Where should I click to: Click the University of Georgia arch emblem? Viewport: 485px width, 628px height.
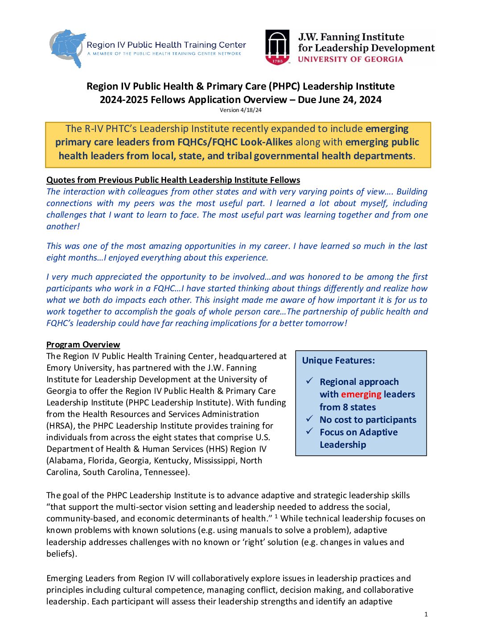pos(278,47)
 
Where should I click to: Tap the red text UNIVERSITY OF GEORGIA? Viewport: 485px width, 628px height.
pos(350,59)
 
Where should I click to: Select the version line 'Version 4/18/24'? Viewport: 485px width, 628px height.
pos(241,110)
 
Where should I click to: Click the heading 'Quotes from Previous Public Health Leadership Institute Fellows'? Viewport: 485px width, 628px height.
pos(173,180)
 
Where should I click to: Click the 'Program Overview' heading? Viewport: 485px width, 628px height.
pos(83,344)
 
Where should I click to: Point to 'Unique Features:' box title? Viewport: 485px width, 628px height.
pos(338,360)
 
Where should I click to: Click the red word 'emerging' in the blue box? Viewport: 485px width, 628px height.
pos(361,394)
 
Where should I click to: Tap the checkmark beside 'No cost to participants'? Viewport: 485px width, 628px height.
pos(309,419)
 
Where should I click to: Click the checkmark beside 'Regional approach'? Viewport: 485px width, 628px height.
pos(309,381)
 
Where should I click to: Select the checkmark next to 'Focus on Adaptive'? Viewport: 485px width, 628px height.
pos(309,431)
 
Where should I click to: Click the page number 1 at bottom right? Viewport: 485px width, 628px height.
pos(426,614)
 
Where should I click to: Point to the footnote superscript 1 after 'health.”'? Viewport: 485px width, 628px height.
pos(276,516)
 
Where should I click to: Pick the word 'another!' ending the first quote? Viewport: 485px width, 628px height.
pos(63,226)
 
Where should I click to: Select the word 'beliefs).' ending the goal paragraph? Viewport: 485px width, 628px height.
pos(62,554)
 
